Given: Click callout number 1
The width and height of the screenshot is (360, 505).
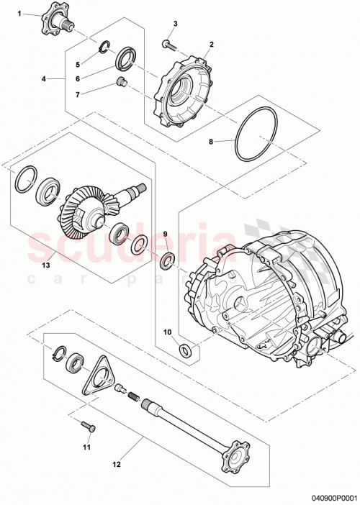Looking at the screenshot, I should pos(19,14).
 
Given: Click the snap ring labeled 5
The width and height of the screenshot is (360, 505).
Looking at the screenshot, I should pos(105,49).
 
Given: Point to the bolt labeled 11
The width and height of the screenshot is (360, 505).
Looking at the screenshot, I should pos(89,427).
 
